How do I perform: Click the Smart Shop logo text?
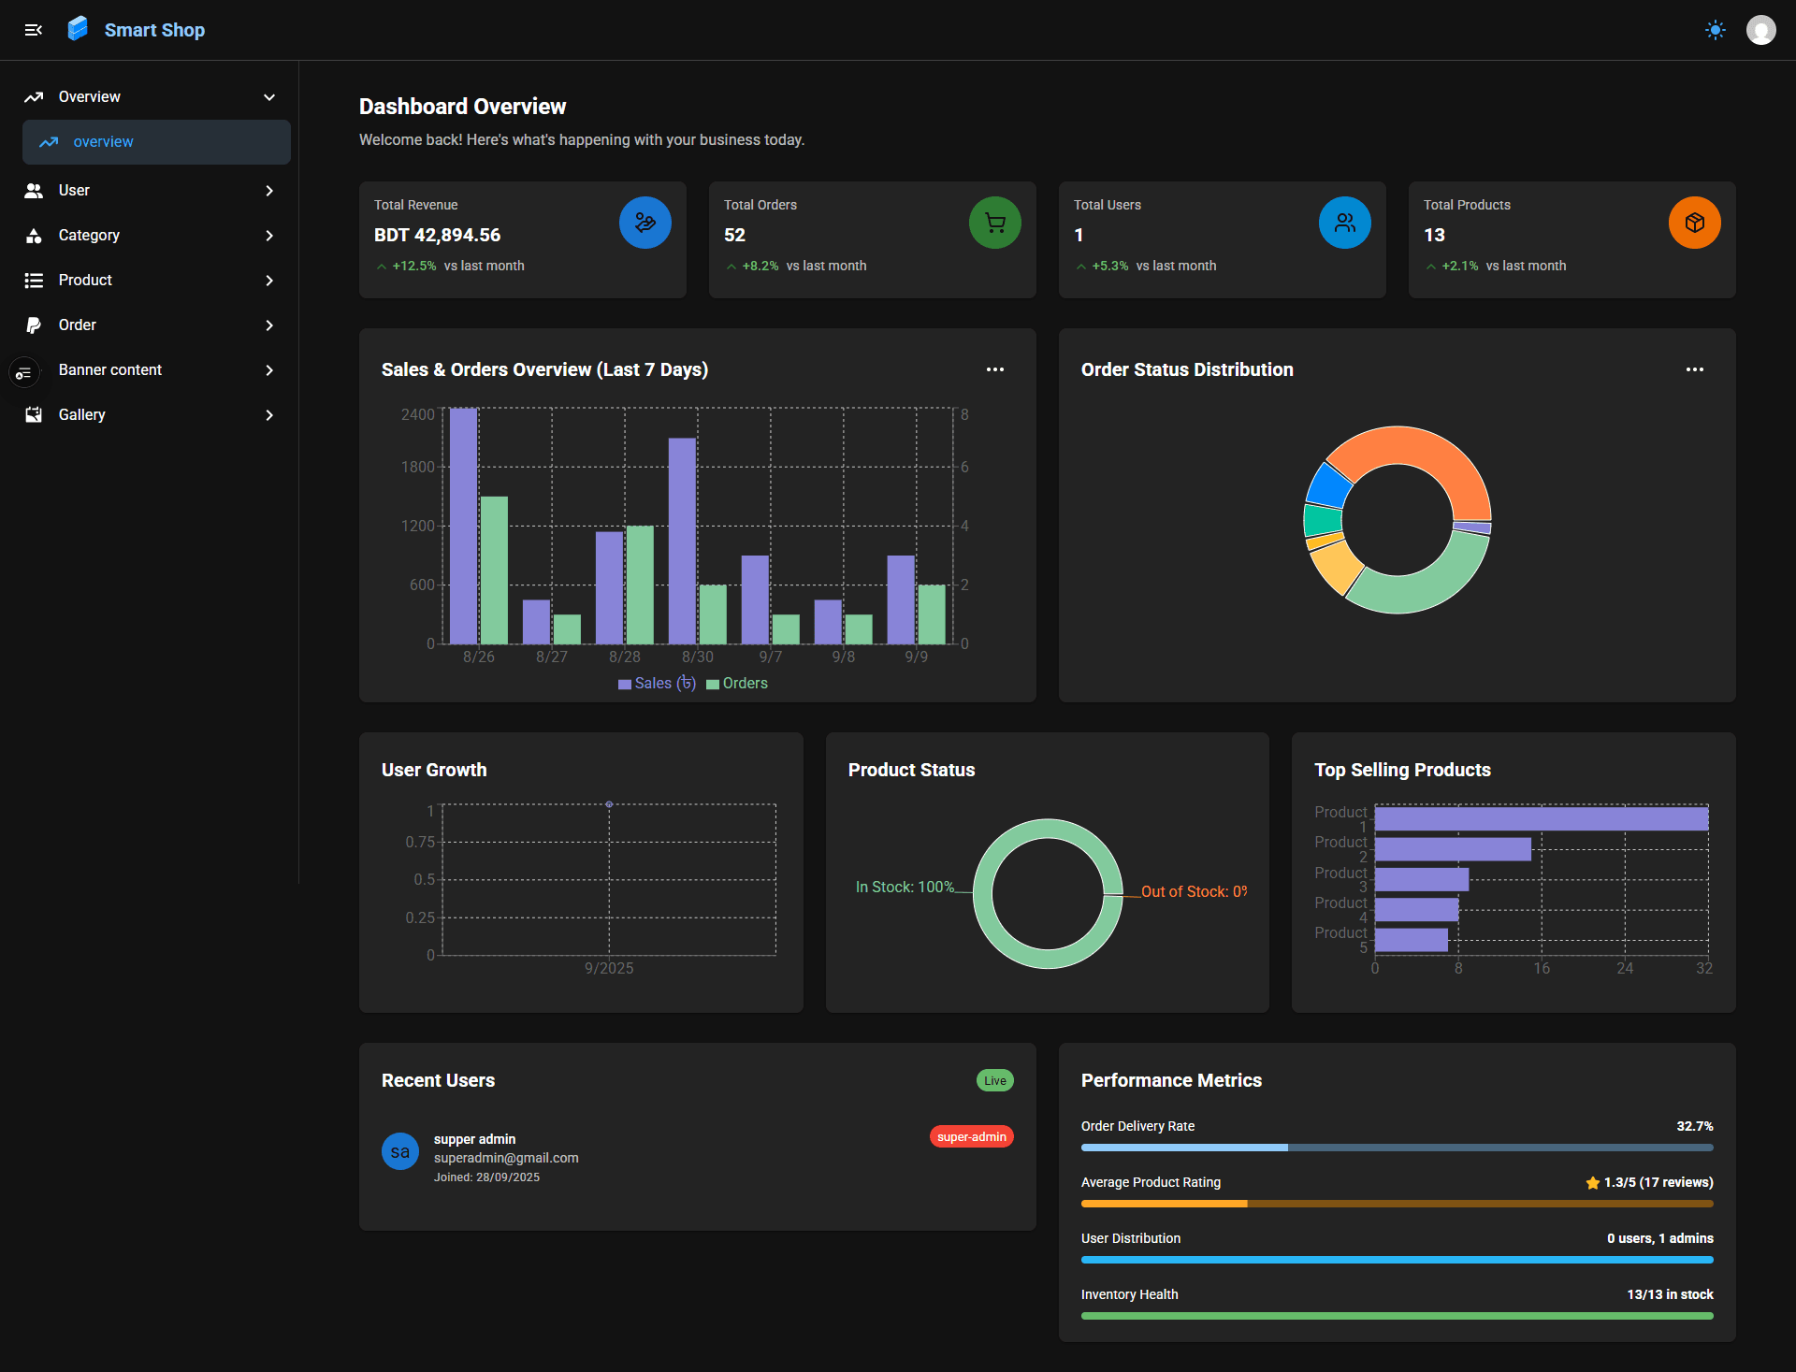pyautogui.click(x=154, y=30)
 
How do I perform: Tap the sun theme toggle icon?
pyautogui.click(x=1715, y=30)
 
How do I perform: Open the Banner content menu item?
pyautogui.click(x=110, y=369)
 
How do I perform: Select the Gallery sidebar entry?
pyautogui.click(x=82, y=414)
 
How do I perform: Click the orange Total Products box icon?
pyautogui.click(x=1694, y=223)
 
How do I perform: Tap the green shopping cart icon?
pyautogui.click(x=994, y=223)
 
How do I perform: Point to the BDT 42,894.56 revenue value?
pyautogui.click(x=437, y=235)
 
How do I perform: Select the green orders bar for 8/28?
pyautogui.click(x=640, y=585)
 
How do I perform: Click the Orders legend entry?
pyautogui.click(x=738, y=684)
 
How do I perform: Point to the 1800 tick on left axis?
pyautogui.click(x=417, y=467)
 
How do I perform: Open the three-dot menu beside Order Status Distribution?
pyautogui.click(x=1694, y=369)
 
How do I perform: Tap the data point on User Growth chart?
pyautogui.click(x=609, y=804)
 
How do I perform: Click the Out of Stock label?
pyautogui.click(x=1194, y=891)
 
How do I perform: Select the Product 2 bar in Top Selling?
pyautogui.click(x=1452, y=849)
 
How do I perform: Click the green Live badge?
pyautogui.click(x=994, y=1080)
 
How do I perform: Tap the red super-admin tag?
pyautogui.click(x=971, y=1136)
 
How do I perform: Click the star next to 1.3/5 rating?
pyautogui.click(x=1592, y=1183)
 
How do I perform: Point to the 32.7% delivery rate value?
pyautogui.click(x=1694, y=1126)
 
